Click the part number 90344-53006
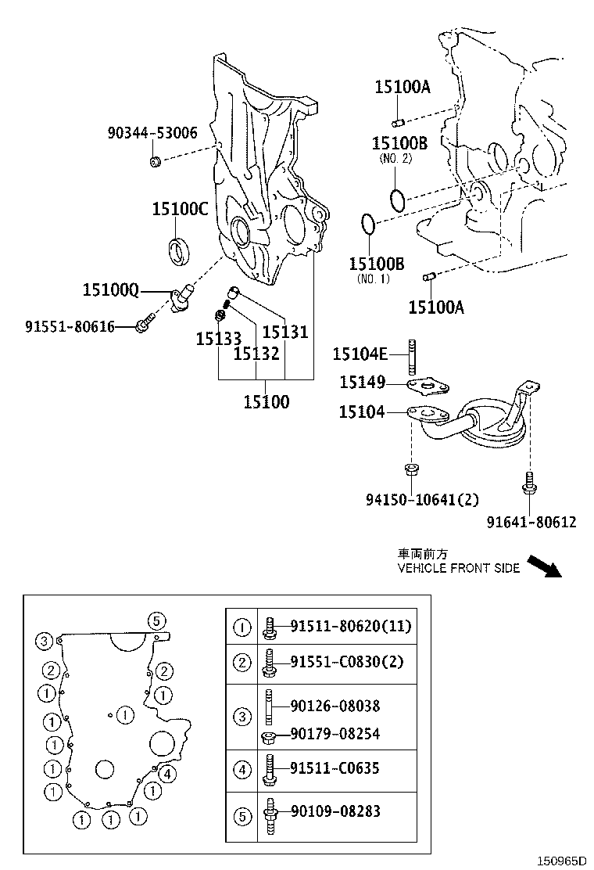click(x=152, y=134)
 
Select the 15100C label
click(x=180, y=209)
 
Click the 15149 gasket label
click(x=362, y=382)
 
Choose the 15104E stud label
click(x=360, y=354)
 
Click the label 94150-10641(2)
click(x=422, y=499)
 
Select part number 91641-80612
click(x=531, y=521)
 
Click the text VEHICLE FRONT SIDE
click(x=458, y=568)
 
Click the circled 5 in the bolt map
click(x=156, y=621)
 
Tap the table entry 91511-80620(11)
click(x=350, y=626)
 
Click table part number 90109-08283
click(x=335, y=811)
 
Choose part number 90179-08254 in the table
click(x=335, y=733)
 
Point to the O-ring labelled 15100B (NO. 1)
click(x=368, y=225)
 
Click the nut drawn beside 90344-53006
click(x=155, y=162)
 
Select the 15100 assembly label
click(x=266, y=402)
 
